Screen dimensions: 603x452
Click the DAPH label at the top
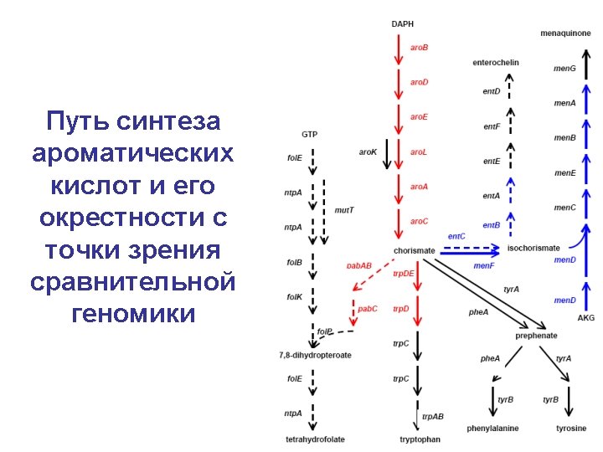click(402, 24)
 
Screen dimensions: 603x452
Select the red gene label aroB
click(419, 48)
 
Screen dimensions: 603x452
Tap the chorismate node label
click(414, 250)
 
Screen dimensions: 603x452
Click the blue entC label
click(456, 237)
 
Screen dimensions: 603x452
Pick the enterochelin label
click(496, 62)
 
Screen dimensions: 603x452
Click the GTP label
click(309, 134)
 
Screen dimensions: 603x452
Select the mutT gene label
click(344, 209)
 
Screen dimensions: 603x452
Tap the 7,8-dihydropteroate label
click(315, 355)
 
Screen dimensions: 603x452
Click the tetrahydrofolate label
click(315, 439)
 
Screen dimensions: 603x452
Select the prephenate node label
click(536, 336)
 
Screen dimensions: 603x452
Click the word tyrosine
click(571, 429)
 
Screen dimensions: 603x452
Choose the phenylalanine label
click(492, 429)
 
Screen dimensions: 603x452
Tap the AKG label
click(586, 318)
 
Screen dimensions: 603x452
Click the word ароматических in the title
click(133, 153)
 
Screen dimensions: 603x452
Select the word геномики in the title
click(133, 314)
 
